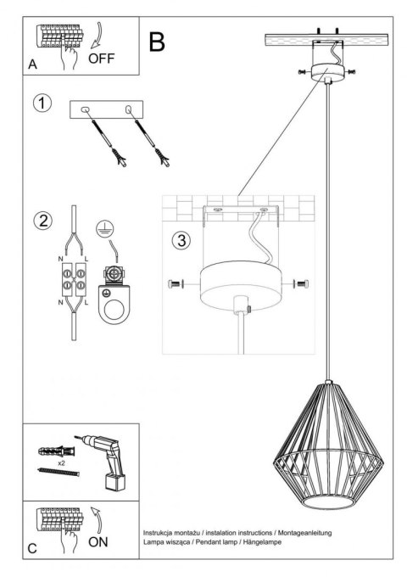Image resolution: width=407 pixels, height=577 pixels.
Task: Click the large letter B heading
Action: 157,42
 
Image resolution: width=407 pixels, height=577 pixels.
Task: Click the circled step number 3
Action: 179,239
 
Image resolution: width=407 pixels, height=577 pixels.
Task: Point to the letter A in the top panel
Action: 32,64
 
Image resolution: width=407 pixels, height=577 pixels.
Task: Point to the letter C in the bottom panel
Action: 32,549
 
